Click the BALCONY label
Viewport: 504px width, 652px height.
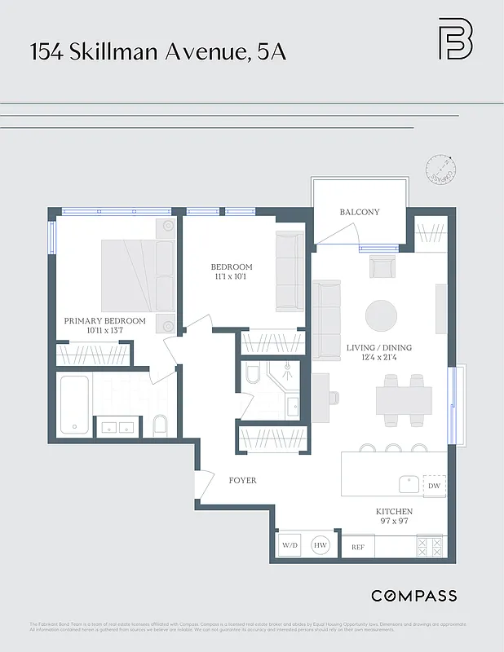point(360,212)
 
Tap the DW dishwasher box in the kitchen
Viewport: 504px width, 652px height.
point(434,485)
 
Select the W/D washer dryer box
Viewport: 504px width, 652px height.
point(290,545)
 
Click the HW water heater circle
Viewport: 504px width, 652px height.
point(321,545)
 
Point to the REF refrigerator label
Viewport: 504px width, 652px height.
point(357,547)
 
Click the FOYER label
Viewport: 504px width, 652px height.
point(242,480)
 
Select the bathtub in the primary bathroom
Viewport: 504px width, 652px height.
point(73,404)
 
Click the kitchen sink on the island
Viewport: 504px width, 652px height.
point(409,484)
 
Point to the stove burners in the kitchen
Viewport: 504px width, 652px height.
point(429,545)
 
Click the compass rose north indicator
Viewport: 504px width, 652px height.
point(441,170)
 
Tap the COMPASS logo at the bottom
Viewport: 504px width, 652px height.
point(413,596)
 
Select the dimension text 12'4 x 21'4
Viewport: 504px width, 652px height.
point(379,358)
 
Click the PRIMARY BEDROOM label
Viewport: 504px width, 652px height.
point(104,321)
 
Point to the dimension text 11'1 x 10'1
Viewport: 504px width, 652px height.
point(232,277)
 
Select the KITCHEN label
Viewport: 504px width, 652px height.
point(394,511)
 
